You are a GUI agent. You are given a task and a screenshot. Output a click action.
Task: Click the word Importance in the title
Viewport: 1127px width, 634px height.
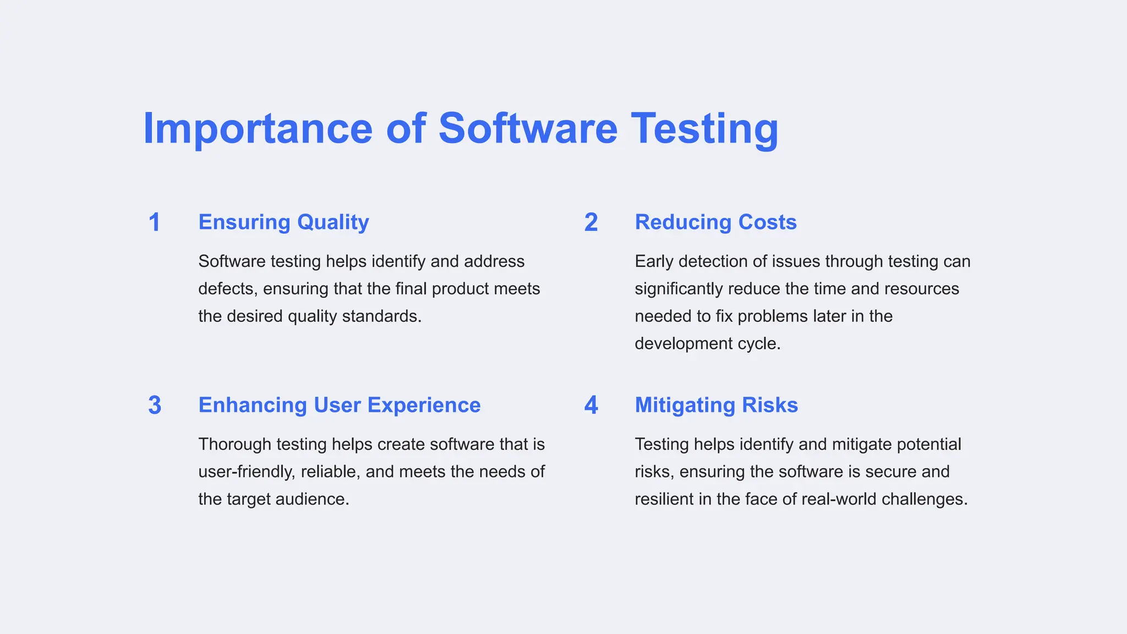[258, 129]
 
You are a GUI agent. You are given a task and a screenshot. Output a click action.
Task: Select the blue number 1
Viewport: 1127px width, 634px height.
[155, 222]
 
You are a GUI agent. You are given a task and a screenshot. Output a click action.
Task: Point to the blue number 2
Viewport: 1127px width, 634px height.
[591, 222]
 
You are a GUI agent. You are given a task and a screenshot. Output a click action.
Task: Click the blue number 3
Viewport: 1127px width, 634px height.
[155, 406]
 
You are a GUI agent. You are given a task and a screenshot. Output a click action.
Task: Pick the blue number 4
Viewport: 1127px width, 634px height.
[591, 406]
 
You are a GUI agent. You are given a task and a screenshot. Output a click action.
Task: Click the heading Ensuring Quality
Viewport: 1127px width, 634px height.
[283, 222]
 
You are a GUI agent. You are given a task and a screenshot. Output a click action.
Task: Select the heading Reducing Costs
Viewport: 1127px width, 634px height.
[715, 222]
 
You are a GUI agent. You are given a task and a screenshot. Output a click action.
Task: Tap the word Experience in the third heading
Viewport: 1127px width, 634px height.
[424, 405]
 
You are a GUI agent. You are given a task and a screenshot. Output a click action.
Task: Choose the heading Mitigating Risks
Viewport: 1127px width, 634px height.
[716, 405]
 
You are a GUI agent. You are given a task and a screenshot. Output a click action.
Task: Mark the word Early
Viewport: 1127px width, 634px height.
[654, 261]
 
